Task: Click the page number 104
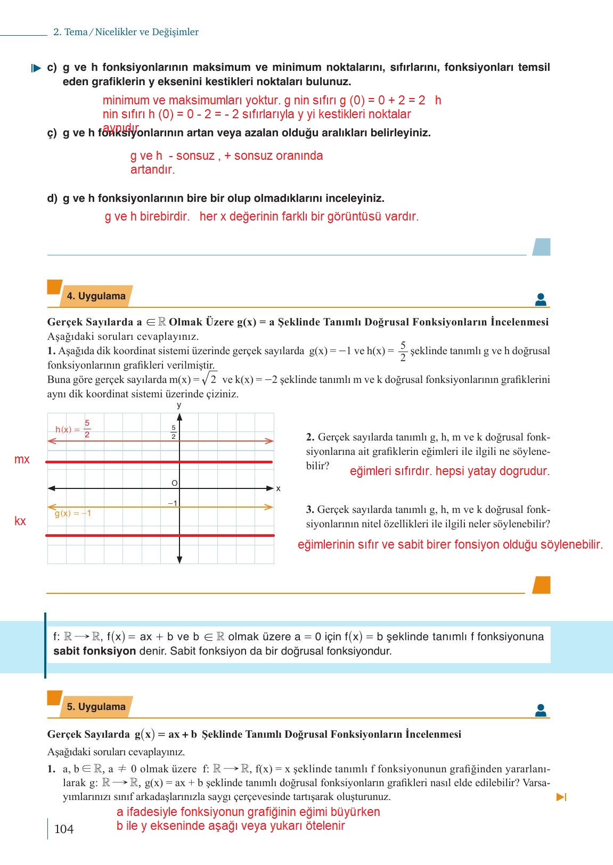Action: pyautogui.click(x=64, y=829)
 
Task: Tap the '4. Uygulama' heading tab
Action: pyautogui.click(x=96, y=296)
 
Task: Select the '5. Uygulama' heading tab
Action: pyautogui.click(x=96, y=707)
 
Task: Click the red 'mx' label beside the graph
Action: pyautogui.click(x=22, y=459)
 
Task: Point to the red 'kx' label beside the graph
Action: pyautogui.click(x=20, y=521)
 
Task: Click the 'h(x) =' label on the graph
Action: pyautogui.click(x=68, y=430)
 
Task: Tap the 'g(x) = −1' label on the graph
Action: pyautogui.click(x=73, y=513)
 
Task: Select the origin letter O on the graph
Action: pyautogui.click(x=174, y=483)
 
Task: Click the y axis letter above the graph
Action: pyautogui.click(x=179, y=405)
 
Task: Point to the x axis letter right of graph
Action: pyautogui.click(x=278, y=488)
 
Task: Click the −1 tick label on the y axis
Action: pyautogui.click(x=173, y=503)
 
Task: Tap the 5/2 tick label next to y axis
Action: pyautogui.click(x=174, y=432)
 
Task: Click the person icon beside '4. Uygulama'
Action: pyautogui.click(x=541, y=300)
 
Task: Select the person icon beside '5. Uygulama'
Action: pyautogui.click(x=541, y=711)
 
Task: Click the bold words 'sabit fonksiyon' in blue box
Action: pyautogui.click(x=94, y=651)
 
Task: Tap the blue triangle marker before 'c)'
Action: pyautogui.click(x=36, y=68)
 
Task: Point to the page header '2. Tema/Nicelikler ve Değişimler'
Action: pyautogui.click(x=126, y=32)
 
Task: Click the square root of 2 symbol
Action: pyautogui.click(x=209, y=379)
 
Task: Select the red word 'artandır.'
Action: pyautogui.click(x=152, y=170)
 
